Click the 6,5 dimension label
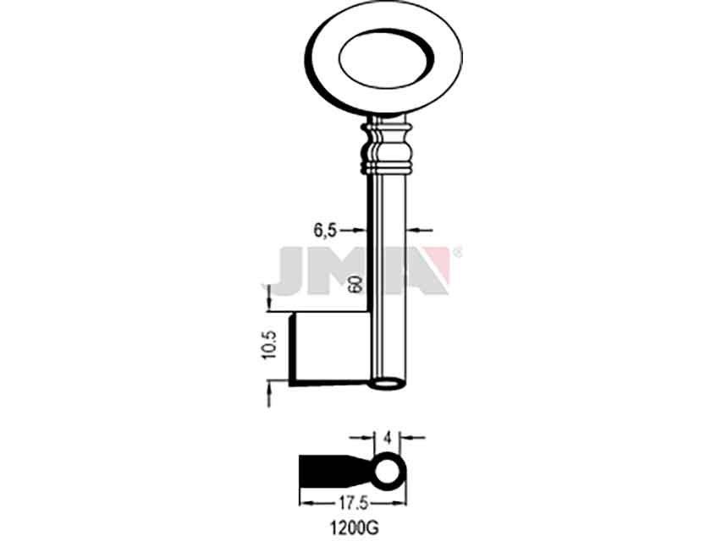click(x=326, y=231)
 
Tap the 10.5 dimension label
click(x=270, y=345)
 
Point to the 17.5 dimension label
click(x=354, y=504)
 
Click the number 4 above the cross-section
click(x=388, y=438)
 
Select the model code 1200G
click(x=355, y=528)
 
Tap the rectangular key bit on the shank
click(x=329, y=349)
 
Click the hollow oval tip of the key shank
click(x=389, y=384)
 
